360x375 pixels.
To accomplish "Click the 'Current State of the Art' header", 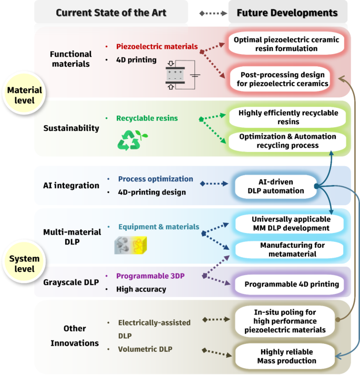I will click(x=111, y=12).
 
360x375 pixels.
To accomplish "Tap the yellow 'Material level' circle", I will click(x=21, y=95).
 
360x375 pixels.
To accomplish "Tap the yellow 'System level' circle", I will click(x=21, y=263).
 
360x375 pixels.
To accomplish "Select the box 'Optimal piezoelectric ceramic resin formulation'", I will click(x=287, y=44).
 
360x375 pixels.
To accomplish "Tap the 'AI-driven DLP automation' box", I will click(x=276, y=185).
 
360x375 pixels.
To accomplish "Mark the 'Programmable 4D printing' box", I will click(x=287, y=285).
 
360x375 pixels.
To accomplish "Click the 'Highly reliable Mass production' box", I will click(x=287, y=356).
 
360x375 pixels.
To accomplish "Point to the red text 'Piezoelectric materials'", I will click(x=157, y=47).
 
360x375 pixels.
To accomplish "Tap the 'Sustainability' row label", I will click(x=71, y=128).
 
